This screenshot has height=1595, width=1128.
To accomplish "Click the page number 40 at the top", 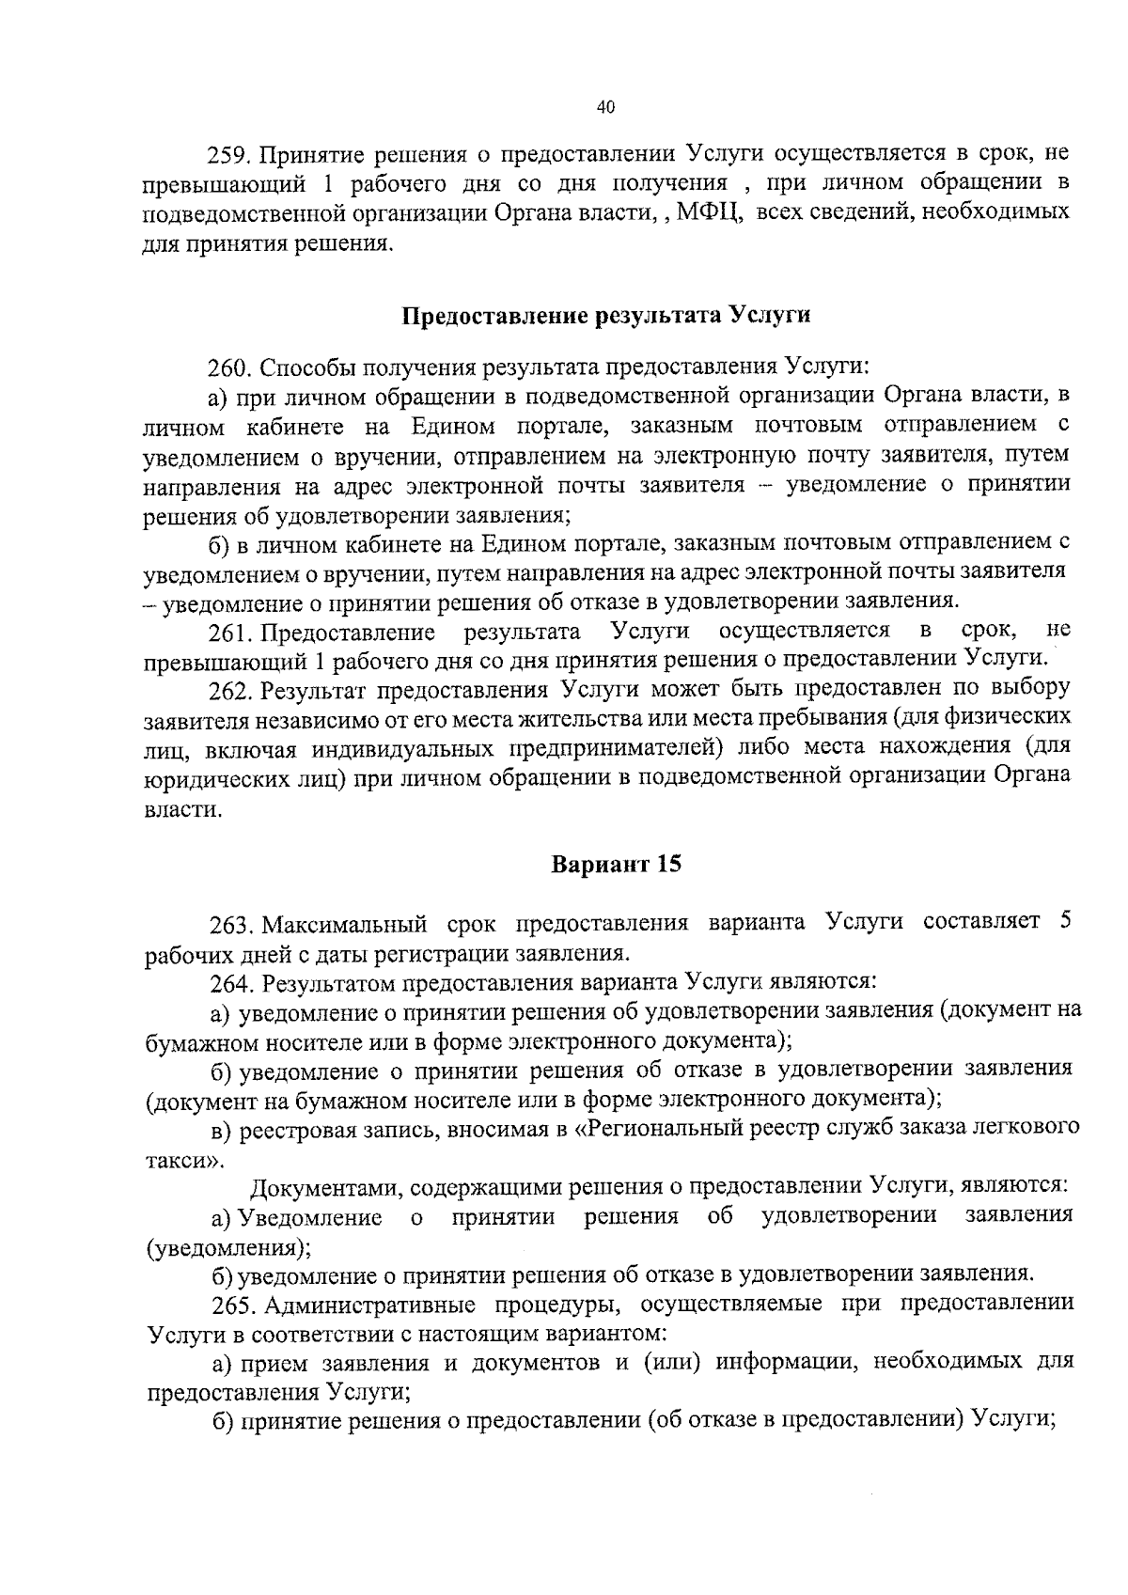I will tap(604, 108).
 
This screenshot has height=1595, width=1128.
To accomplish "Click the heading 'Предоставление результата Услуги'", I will tap(606, 315).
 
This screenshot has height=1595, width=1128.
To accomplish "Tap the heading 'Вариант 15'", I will tap(615, 864).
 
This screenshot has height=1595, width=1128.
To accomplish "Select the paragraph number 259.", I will tap(229, 152).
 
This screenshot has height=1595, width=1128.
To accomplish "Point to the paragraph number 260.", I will tap(229, 366).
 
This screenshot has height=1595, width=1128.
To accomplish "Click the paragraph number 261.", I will tap(229, 630).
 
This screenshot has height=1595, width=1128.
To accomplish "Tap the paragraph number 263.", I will tap(231, 924).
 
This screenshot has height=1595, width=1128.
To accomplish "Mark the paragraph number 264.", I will tap(231, 983).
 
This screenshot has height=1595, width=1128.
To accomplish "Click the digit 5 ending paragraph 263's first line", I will tap(1065, 920).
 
